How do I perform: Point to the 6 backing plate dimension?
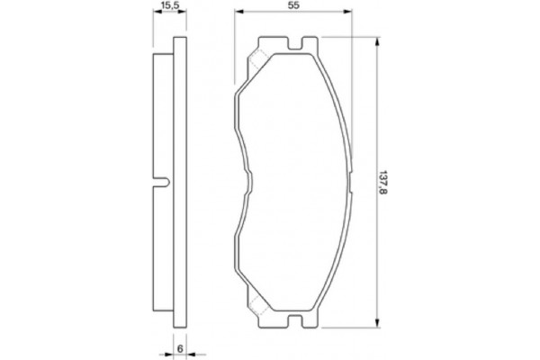click(x=180, y=348)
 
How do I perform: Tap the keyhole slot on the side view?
click(x=163, y=184)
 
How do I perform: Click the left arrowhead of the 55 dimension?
click(x=237, y=16)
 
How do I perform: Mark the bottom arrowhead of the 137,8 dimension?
click(x=376, y=330)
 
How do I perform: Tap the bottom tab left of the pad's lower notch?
click(x=270, y=327)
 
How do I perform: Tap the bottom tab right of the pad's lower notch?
click(x=310, y=327)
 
